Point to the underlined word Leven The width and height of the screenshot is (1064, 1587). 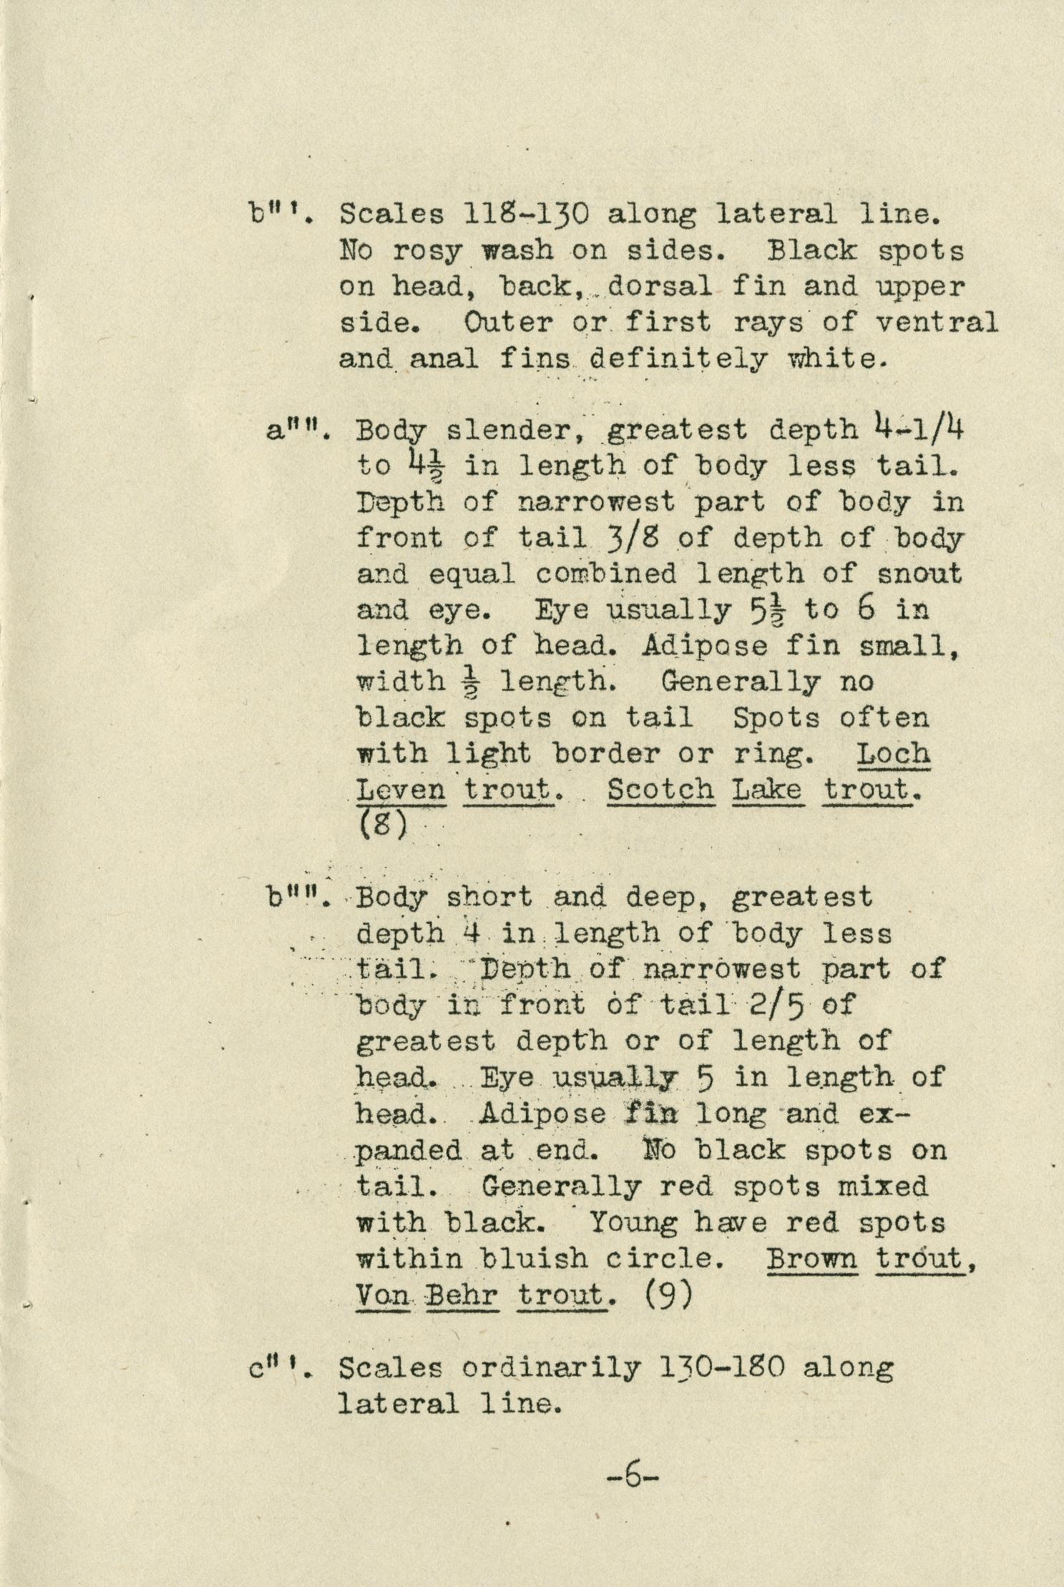pyautogui.click(x=401, y=790)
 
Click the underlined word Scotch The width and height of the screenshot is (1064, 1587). pyautogui.click(x=660, y=790)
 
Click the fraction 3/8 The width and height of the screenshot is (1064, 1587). pyautogui.click(x=633, y=537)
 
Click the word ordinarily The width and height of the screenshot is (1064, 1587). pyautogui.click(x=551, y=1367)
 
